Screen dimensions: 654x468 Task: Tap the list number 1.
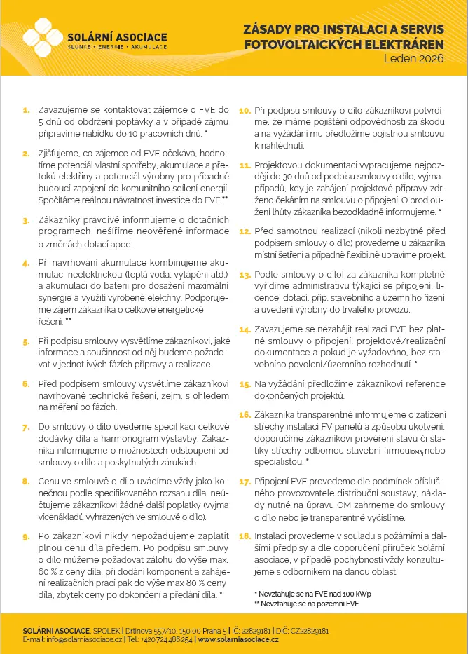(26, 110)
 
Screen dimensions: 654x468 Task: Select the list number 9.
(26, 536)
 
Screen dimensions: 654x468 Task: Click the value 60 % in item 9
(44, 572)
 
